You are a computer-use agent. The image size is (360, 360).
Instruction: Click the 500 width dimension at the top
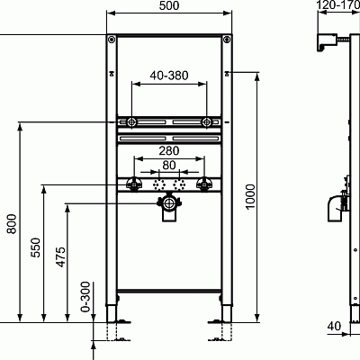coord(168,6)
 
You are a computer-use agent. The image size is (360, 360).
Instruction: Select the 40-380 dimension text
coord(169,76)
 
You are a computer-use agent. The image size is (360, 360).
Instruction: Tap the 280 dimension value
coord(169,152)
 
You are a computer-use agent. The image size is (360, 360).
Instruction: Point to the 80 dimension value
coord(169,166)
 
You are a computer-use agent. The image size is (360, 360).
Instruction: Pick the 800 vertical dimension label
coord(12,222)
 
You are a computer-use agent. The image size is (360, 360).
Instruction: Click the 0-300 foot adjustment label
coord(86,294)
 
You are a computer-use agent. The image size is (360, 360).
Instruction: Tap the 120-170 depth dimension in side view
coord(340,6)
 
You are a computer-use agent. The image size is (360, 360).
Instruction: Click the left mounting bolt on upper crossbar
coord(131,121)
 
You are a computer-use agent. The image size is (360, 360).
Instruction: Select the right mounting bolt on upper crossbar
coord(207,121)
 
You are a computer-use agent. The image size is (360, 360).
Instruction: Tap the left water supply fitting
coord(134,184)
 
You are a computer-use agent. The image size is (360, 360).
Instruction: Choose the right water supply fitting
coord(204,184)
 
